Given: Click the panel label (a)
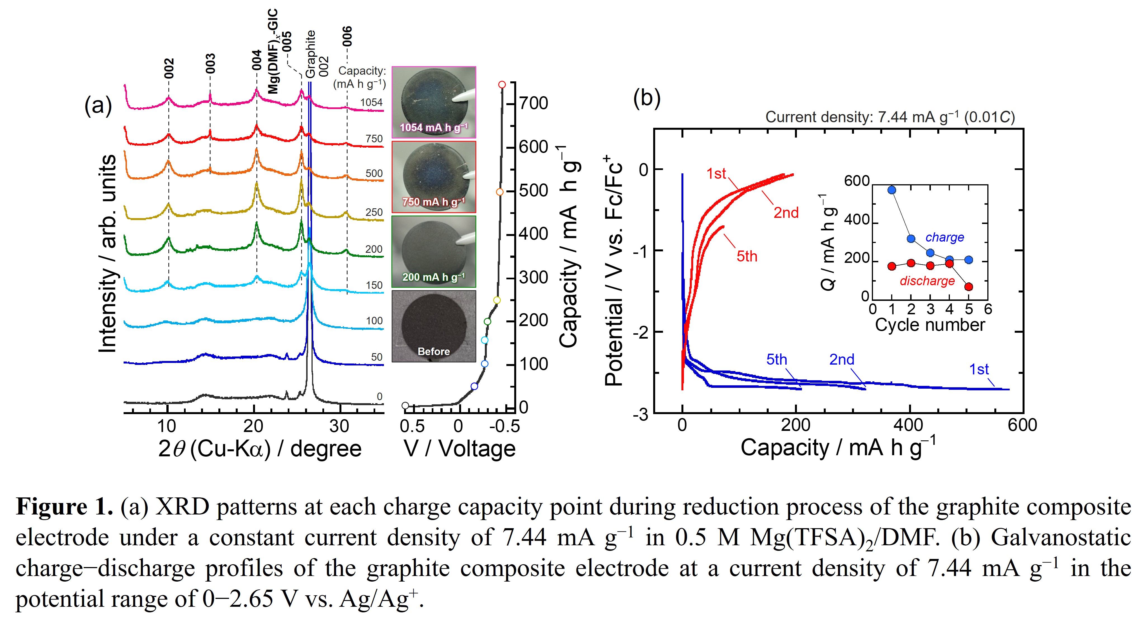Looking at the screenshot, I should coord(98,106).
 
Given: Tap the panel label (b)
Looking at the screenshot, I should coord(646,98).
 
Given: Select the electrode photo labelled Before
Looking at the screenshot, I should coord(434,326).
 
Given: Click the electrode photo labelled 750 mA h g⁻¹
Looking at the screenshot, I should coord(434,177).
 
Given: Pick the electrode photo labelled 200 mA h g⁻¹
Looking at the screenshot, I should coord(434,252).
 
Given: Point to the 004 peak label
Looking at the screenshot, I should coord(257,60).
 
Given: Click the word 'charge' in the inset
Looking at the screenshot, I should coord(944,237).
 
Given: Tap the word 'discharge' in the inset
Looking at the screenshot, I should coord(927,281).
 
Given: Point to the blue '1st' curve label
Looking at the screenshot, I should coord(979,369).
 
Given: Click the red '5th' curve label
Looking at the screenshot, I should coord(747,257).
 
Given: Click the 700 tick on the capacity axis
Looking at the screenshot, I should coord(534,103).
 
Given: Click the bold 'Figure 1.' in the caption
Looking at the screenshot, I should coord(65,507).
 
